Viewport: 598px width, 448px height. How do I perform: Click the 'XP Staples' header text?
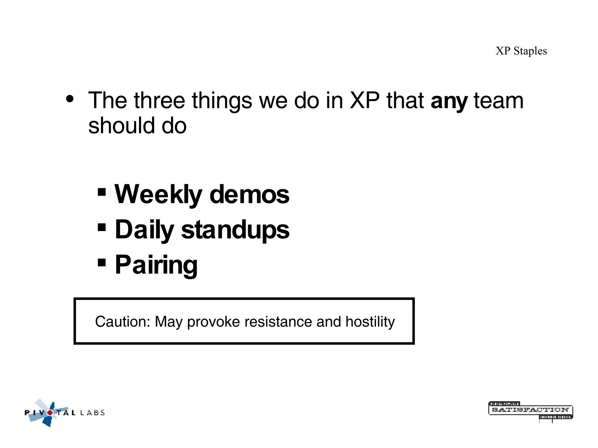(521, 51)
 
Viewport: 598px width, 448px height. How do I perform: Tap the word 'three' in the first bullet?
(159, 101)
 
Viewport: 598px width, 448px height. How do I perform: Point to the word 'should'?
(121, 126)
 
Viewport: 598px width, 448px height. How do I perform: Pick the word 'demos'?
(249, 195)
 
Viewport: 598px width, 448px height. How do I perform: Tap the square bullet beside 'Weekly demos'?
(102, 192)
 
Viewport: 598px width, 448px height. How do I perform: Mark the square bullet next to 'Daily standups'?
(102, 227)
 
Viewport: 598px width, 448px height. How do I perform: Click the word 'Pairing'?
(156, 265)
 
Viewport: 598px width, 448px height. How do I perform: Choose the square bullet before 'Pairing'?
(102, 262)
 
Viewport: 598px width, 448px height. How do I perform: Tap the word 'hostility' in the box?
(370, 322)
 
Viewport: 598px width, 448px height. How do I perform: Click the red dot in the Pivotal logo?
(50, 412)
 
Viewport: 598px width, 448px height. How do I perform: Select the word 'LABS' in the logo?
(92, 412)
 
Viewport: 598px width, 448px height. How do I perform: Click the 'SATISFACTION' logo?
(530, 410)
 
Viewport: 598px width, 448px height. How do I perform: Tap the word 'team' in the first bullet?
(498, 101)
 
